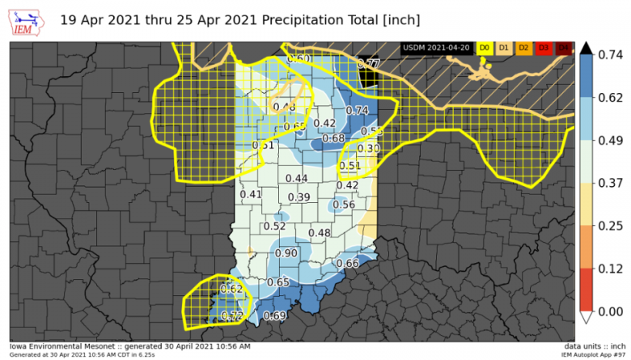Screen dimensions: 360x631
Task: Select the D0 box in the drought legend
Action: point(485,49)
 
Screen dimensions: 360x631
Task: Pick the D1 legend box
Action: point(504,49)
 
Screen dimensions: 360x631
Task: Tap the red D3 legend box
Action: point(543,49)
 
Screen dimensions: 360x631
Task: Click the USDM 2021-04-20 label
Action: point(436,49)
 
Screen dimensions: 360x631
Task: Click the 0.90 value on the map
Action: point(286,253)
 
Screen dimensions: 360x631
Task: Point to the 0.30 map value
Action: point(368,149)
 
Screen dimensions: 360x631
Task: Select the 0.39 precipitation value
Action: point(299,198)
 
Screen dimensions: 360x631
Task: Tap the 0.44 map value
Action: point(296,178)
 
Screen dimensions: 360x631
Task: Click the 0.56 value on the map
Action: point(344,205)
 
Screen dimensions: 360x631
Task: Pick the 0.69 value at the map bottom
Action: point(275,316)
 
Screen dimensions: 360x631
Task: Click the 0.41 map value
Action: point(251,195)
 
